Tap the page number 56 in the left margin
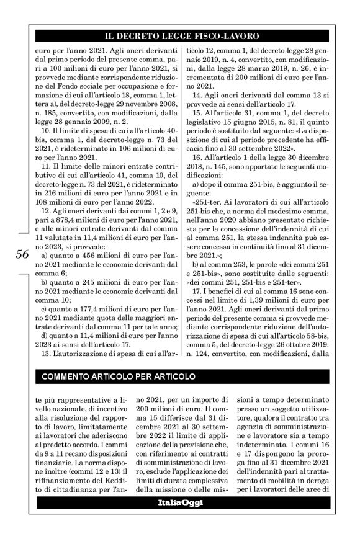(x=21, y=255)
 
